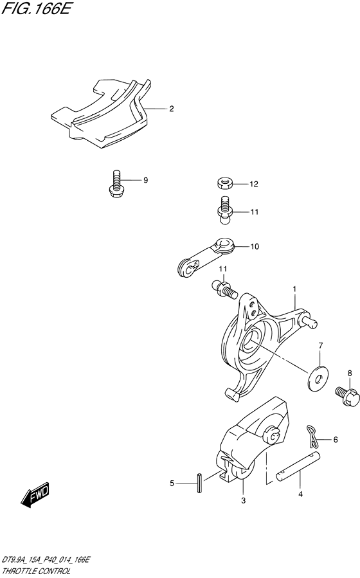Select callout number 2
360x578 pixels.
(x=172, y=109)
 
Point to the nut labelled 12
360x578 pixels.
(x=224, y=183)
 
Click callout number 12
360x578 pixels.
(x=254, y=184)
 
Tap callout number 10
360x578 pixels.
(x=255, y=247)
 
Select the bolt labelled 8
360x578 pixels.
(x=346, y=396)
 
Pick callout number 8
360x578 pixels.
(x=350, y=373)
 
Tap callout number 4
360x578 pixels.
(x=300, y=494)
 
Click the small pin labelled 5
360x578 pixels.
(x=200, y=482)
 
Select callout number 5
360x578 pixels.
(x=172, y=483)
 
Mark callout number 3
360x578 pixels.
(x=243, y=501)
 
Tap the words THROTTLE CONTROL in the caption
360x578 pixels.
(x=37, y=572)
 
